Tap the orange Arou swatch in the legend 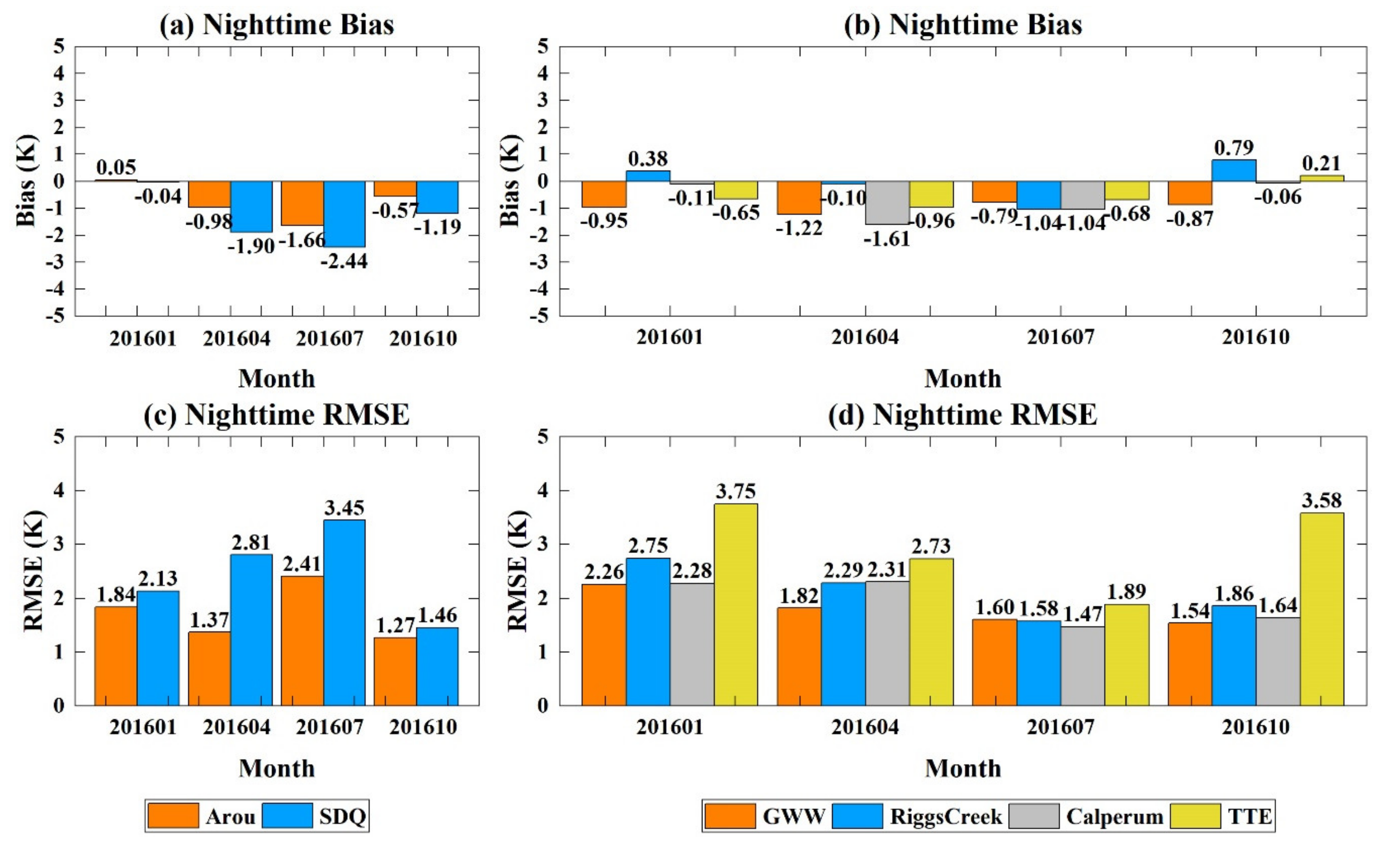click(x=173, y=816)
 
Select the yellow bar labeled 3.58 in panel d click(x=1322, y=609)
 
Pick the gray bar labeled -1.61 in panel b click(x=887, y=203)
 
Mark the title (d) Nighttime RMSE click(x=962, y=415)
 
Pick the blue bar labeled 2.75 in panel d click(x=648, y=632)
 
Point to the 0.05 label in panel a click(x=116, y=168)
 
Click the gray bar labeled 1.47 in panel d click(x=1082, y=666)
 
